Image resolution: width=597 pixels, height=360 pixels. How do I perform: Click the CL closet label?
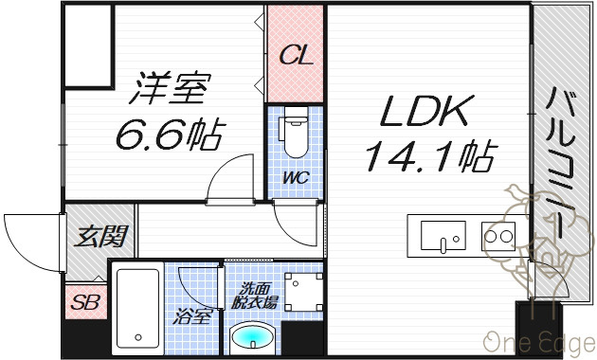tap(297, 56)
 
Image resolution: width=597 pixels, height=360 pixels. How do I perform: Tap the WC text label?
tap(296, 178)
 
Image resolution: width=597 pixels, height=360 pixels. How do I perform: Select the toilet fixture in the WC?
tap(294, 132)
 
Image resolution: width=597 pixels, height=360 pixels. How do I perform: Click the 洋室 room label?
tap(170, 88)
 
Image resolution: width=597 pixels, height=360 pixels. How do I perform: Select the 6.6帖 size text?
tap(171, 135)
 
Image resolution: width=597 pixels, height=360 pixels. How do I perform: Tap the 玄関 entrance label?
tap(100, 237)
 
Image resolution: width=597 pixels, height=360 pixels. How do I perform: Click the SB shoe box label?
tap(85, 302)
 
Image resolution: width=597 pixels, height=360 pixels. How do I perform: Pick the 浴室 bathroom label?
tap(191, 315)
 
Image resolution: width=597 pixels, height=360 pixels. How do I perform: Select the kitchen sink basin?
tap(443, 236)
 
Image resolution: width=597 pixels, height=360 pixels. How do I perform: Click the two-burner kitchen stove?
tap(498, 236)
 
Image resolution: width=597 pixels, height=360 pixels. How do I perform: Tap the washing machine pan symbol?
tap(304, 292)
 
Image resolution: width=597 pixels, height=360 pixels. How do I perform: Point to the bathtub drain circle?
tap(138, 337)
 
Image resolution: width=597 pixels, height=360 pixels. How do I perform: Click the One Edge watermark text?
tap(540, 342)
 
